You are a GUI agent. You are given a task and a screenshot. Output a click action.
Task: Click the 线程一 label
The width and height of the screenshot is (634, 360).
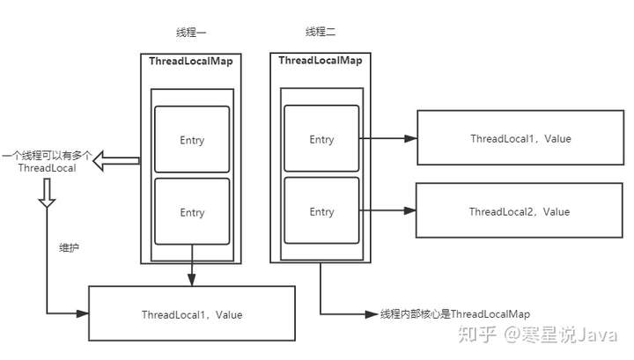(x=191, y=33)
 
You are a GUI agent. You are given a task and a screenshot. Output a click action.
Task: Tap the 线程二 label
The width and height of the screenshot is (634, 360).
(x=321, y=32)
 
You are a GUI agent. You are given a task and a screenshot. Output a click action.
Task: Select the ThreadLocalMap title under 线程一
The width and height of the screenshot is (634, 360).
(x=191, y=62)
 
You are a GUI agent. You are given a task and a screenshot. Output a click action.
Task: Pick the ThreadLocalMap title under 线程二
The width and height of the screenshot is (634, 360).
(x=321, y=61)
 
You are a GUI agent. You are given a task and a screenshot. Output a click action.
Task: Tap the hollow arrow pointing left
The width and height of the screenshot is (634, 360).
(x=116, y=161)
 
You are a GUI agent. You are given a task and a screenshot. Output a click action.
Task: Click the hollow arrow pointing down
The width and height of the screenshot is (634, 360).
(x=47, y=193)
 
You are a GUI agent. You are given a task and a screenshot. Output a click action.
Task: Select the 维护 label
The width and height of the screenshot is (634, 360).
(x=69, y=247)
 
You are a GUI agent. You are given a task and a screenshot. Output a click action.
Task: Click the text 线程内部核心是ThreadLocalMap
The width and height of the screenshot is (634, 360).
(x=455, y=314)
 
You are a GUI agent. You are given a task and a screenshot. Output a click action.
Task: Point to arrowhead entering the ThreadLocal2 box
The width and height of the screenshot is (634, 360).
(x=410, y=210)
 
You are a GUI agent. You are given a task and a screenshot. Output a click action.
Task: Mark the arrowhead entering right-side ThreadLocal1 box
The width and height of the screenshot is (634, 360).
(x=411, y=138)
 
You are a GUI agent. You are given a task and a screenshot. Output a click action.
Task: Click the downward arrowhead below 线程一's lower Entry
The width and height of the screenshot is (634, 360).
(x=192, y=280)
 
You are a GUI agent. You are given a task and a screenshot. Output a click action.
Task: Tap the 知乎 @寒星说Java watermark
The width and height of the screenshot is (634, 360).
(x=538, y=335)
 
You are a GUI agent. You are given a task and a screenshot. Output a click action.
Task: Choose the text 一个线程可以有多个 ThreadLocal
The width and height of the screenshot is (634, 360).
(x=47, y=162)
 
